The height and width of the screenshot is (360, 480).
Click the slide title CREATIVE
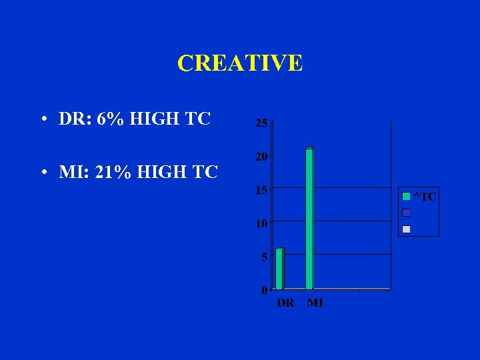pos(240,63)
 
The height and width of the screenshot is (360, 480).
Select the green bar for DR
pos(279,269)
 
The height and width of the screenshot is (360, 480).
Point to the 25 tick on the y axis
pos(262,123)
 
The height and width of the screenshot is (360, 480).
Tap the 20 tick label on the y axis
pos(262,157)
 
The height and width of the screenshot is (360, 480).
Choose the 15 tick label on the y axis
pos(262,190)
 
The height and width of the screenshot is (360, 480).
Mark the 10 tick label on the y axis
pos(262,223)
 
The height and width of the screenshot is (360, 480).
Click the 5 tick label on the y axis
pos(265,257)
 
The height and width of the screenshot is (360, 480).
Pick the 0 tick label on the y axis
pos(265,290)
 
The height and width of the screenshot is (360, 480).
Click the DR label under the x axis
pos(285,303)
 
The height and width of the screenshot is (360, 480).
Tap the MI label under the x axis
pos(315,303)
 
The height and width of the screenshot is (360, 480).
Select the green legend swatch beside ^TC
pos(406,196)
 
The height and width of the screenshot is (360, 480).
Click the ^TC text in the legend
pos(425,196)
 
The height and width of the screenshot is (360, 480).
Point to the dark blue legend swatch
pos(406,213)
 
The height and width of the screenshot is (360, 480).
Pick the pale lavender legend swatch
pos(406,229)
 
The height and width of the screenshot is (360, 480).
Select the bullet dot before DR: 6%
pos(42,121)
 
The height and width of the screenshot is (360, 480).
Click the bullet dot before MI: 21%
pos(42,173)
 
